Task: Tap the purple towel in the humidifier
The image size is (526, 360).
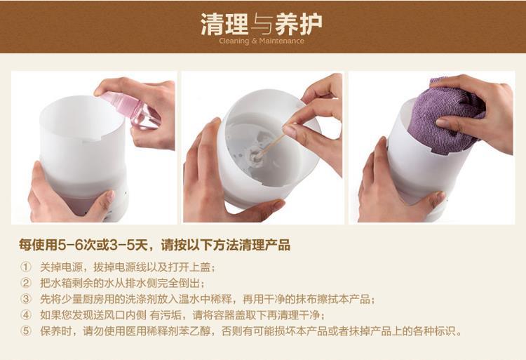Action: click(446, 116)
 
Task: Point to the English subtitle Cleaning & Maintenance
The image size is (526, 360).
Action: click(262, 41)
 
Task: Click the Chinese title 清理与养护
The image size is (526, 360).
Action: click(262, 24)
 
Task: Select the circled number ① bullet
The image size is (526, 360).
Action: click(26, 267)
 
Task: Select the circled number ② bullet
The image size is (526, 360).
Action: click(26, 283)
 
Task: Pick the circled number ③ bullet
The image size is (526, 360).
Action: click(26, 299)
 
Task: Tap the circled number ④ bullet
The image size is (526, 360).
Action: click(26, 315)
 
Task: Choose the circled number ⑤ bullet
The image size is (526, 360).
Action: click(26, 331)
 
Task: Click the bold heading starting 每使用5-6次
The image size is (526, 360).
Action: click(154, 245)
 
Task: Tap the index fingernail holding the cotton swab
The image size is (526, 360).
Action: click(289, 131)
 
